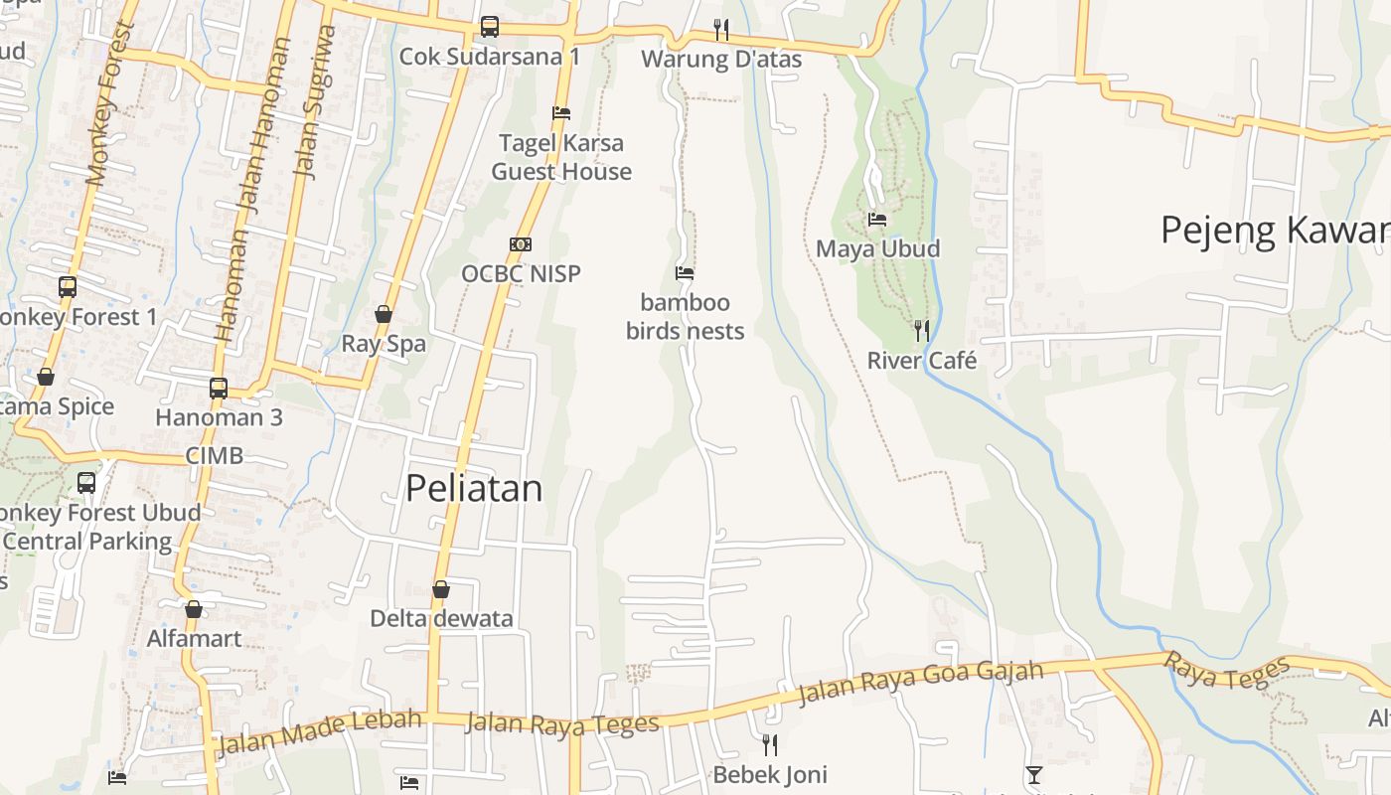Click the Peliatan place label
pyautogui.click(x=474, y=488)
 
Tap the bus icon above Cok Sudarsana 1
pyautogui.click(x=490, y=27)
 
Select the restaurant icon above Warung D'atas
pyautogui.click(x=721, y=30)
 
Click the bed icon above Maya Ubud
pyautogui.click(x=877, y=219)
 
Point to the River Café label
pyautogui.click(x=922, y=361)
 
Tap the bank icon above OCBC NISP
pyautogui.click(x=520, y=244)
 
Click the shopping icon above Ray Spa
pyautogui.click(x=384, y=315)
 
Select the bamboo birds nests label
pyautogui.click(x=685, y=316)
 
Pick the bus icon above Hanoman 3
pyautogui.click(x=219, y=389)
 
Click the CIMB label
pyautogui.click(x=215, y=456)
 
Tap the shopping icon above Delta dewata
pyautogui.click(x=441, y=590)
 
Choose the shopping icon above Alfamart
pyautogui.click(x=194, y=609)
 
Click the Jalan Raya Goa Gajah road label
pyautogui.click(x=920, y=683)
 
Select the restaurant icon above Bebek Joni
pyautogui.click(x=769, y=744)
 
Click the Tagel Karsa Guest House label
pyautogui.click(x=561, y=157)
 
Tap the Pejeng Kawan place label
pyautogui.click(x=1275, y=231)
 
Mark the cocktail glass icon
pyautogui.click(x=1034, y=775)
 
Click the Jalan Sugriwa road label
pyautogui.click(x=316, y=102)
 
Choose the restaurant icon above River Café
pyautogui.click(x=922, y=330)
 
